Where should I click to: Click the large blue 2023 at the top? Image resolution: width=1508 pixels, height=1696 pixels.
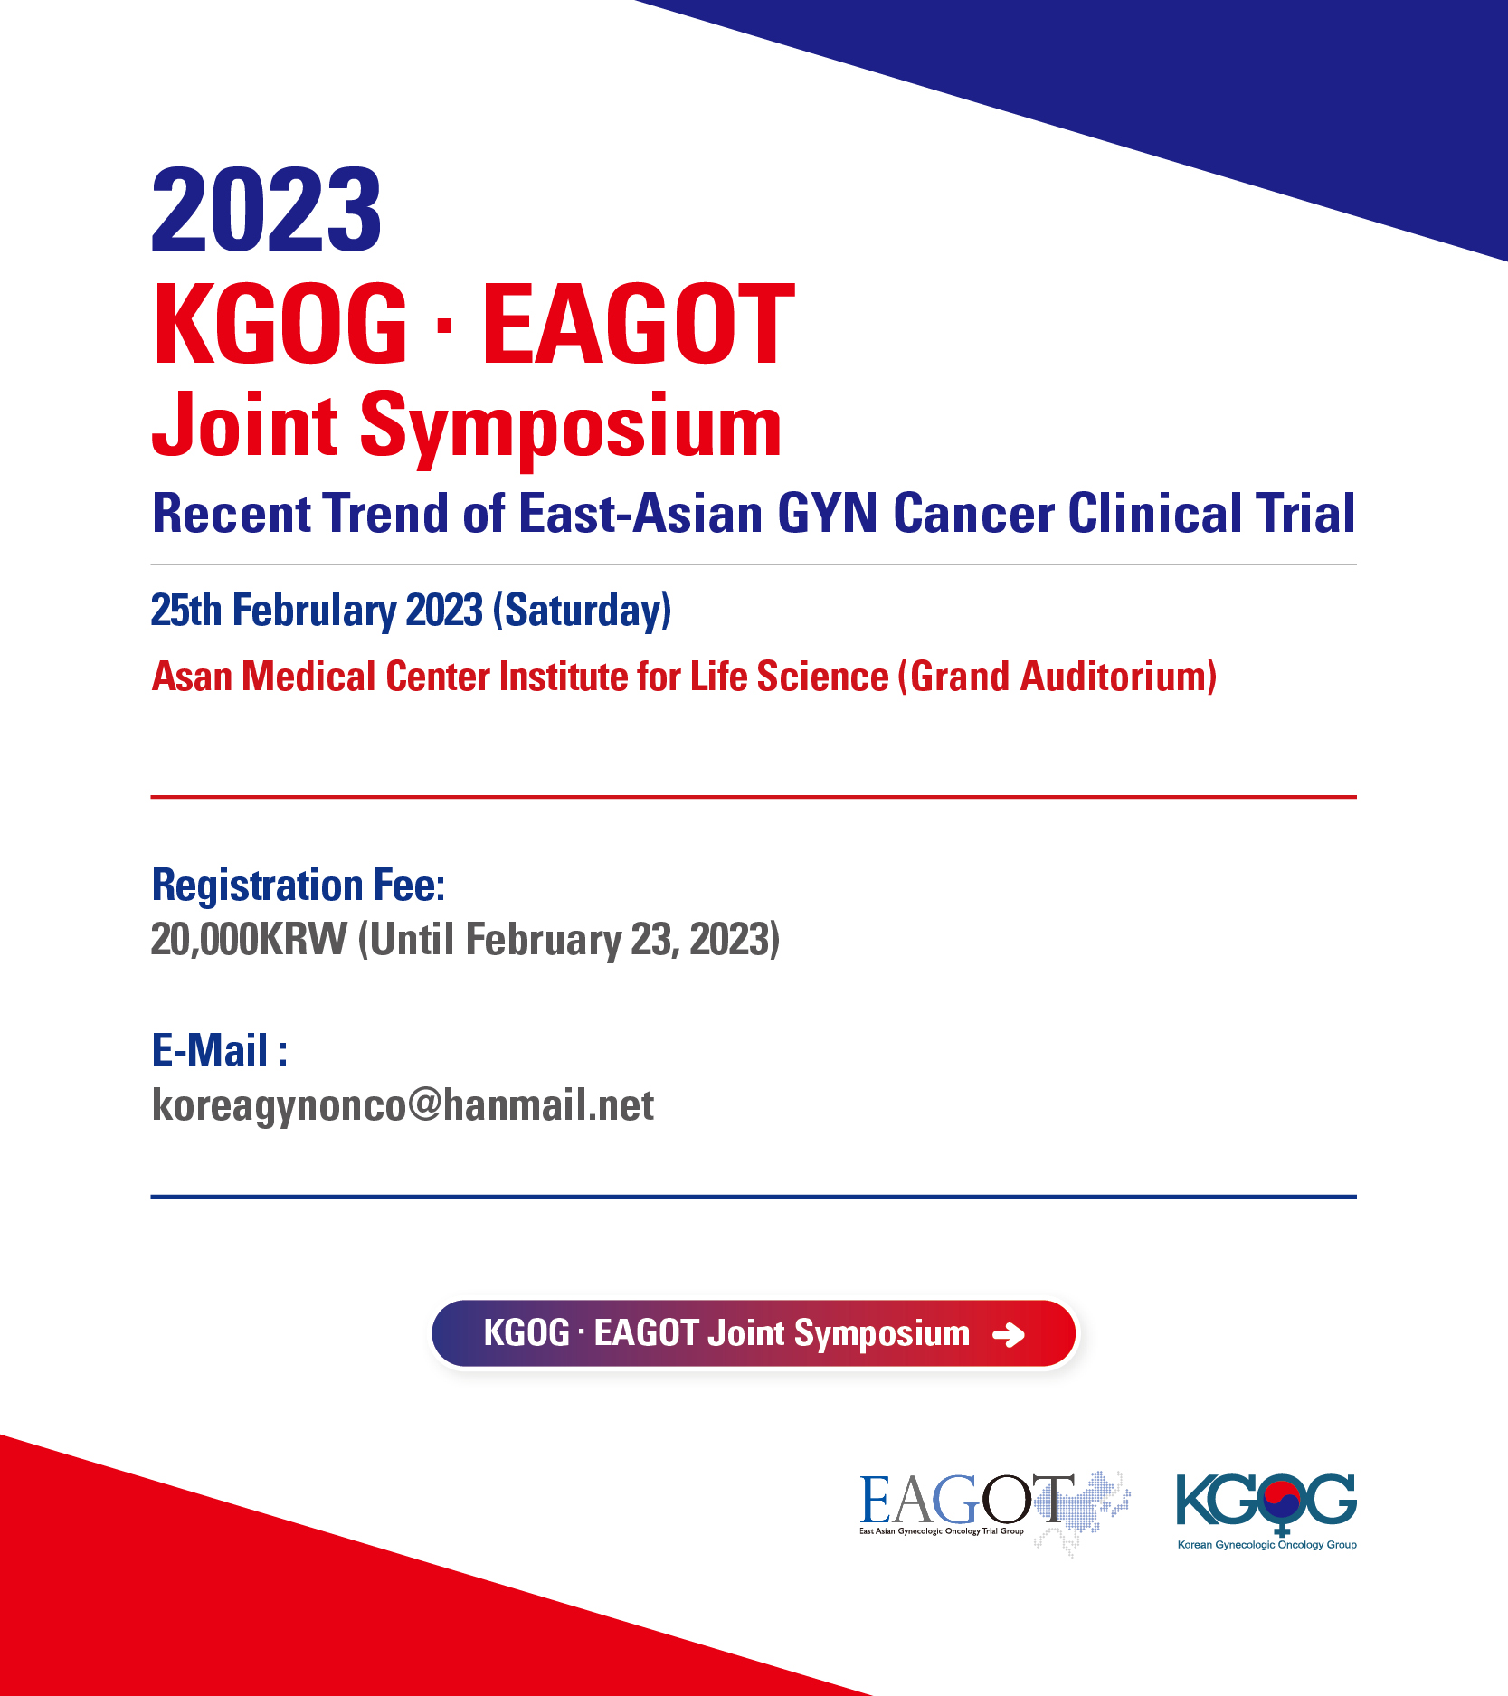[x=267, y=210]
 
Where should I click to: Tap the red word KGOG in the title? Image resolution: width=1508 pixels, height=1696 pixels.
[x=280, y=323]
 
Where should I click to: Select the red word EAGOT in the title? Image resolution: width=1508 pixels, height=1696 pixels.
[x=639, y=323]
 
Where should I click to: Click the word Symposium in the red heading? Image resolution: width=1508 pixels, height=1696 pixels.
[x=571, y=427]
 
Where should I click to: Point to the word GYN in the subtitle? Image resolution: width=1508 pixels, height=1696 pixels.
[x=827, y=513]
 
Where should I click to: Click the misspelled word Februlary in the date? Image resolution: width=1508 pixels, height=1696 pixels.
[x=314, y=611]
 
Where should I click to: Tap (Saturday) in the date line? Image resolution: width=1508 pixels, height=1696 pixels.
[x=583, y=611]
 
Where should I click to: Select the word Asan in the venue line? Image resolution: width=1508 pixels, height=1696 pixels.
[x=192, y=677]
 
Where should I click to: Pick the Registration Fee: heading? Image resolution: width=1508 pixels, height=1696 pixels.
[x=299, y=885]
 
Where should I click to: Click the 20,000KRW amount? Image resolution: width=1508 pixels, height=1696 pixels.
[x=249, y=940]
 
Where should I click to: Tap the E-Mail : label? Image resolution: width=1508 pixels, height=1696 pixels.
[x=220, y=1050]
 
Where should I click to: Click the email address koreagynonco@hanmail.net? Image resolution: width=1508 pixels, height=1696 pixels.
[x=403, y=1105]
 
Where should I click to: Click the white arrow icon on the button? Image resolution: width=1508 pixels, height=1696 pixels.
[x=1009, y=1334]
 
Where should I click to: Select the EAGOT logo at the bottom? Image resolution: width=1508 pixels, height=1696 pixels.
[x=994, y=1511]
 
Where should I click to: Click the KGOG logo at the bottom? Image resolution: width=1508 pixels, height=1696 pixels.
[x=1266, y=1511]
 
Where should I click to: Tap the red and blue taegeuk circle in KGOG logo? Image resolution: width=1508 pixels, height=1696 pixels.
[x=1282, y=1501]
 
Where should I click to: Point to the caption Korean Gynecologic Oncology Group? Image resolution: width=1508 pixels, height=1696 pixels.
[x=1266, y=1545]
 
